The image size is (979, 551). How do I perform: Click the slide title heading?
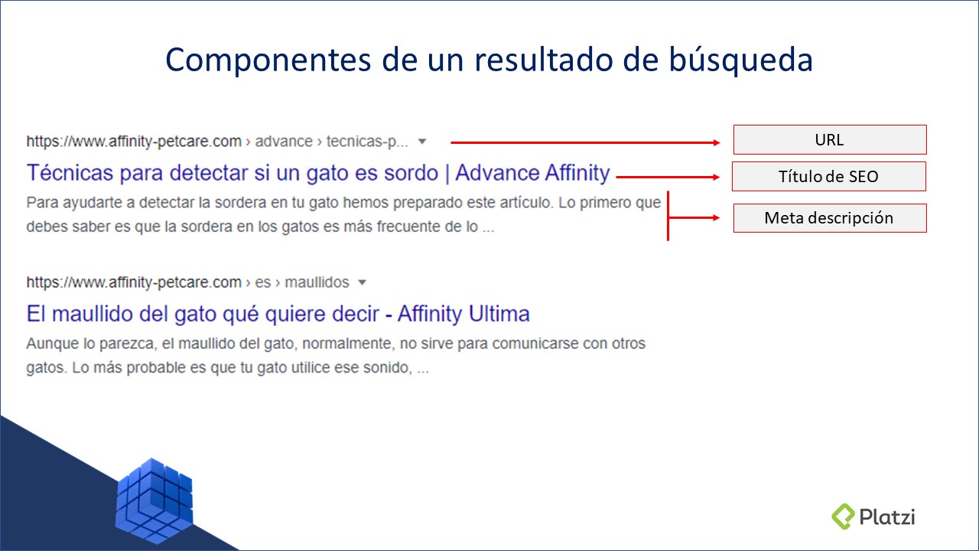pos(489,60)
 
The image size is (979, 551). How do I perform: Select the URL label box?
pos(829,140)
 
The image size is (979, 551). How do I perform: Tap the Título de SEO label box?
pos(828,176)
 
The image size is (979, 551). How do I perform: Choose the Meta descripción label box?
pos(829,218)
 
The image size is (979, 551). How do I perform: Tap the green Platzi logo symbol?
pos(843,516)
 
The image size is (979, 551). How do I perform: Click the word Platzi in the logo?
pos(886,516)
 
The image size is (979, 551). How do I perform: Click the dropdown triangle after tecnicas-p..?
pos(422,142)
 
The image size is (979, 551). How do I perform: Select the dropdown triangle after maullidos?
pos(363,282)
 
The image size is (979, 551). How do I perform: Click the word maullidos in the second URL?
pos(317,282)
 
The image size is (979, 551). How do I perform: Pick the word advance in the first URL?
pos(283,142)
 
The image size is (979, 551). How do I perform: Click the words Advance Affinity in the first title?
pos(532,173)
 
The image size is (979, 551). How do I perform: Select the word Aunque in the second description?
pos(50,344)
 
